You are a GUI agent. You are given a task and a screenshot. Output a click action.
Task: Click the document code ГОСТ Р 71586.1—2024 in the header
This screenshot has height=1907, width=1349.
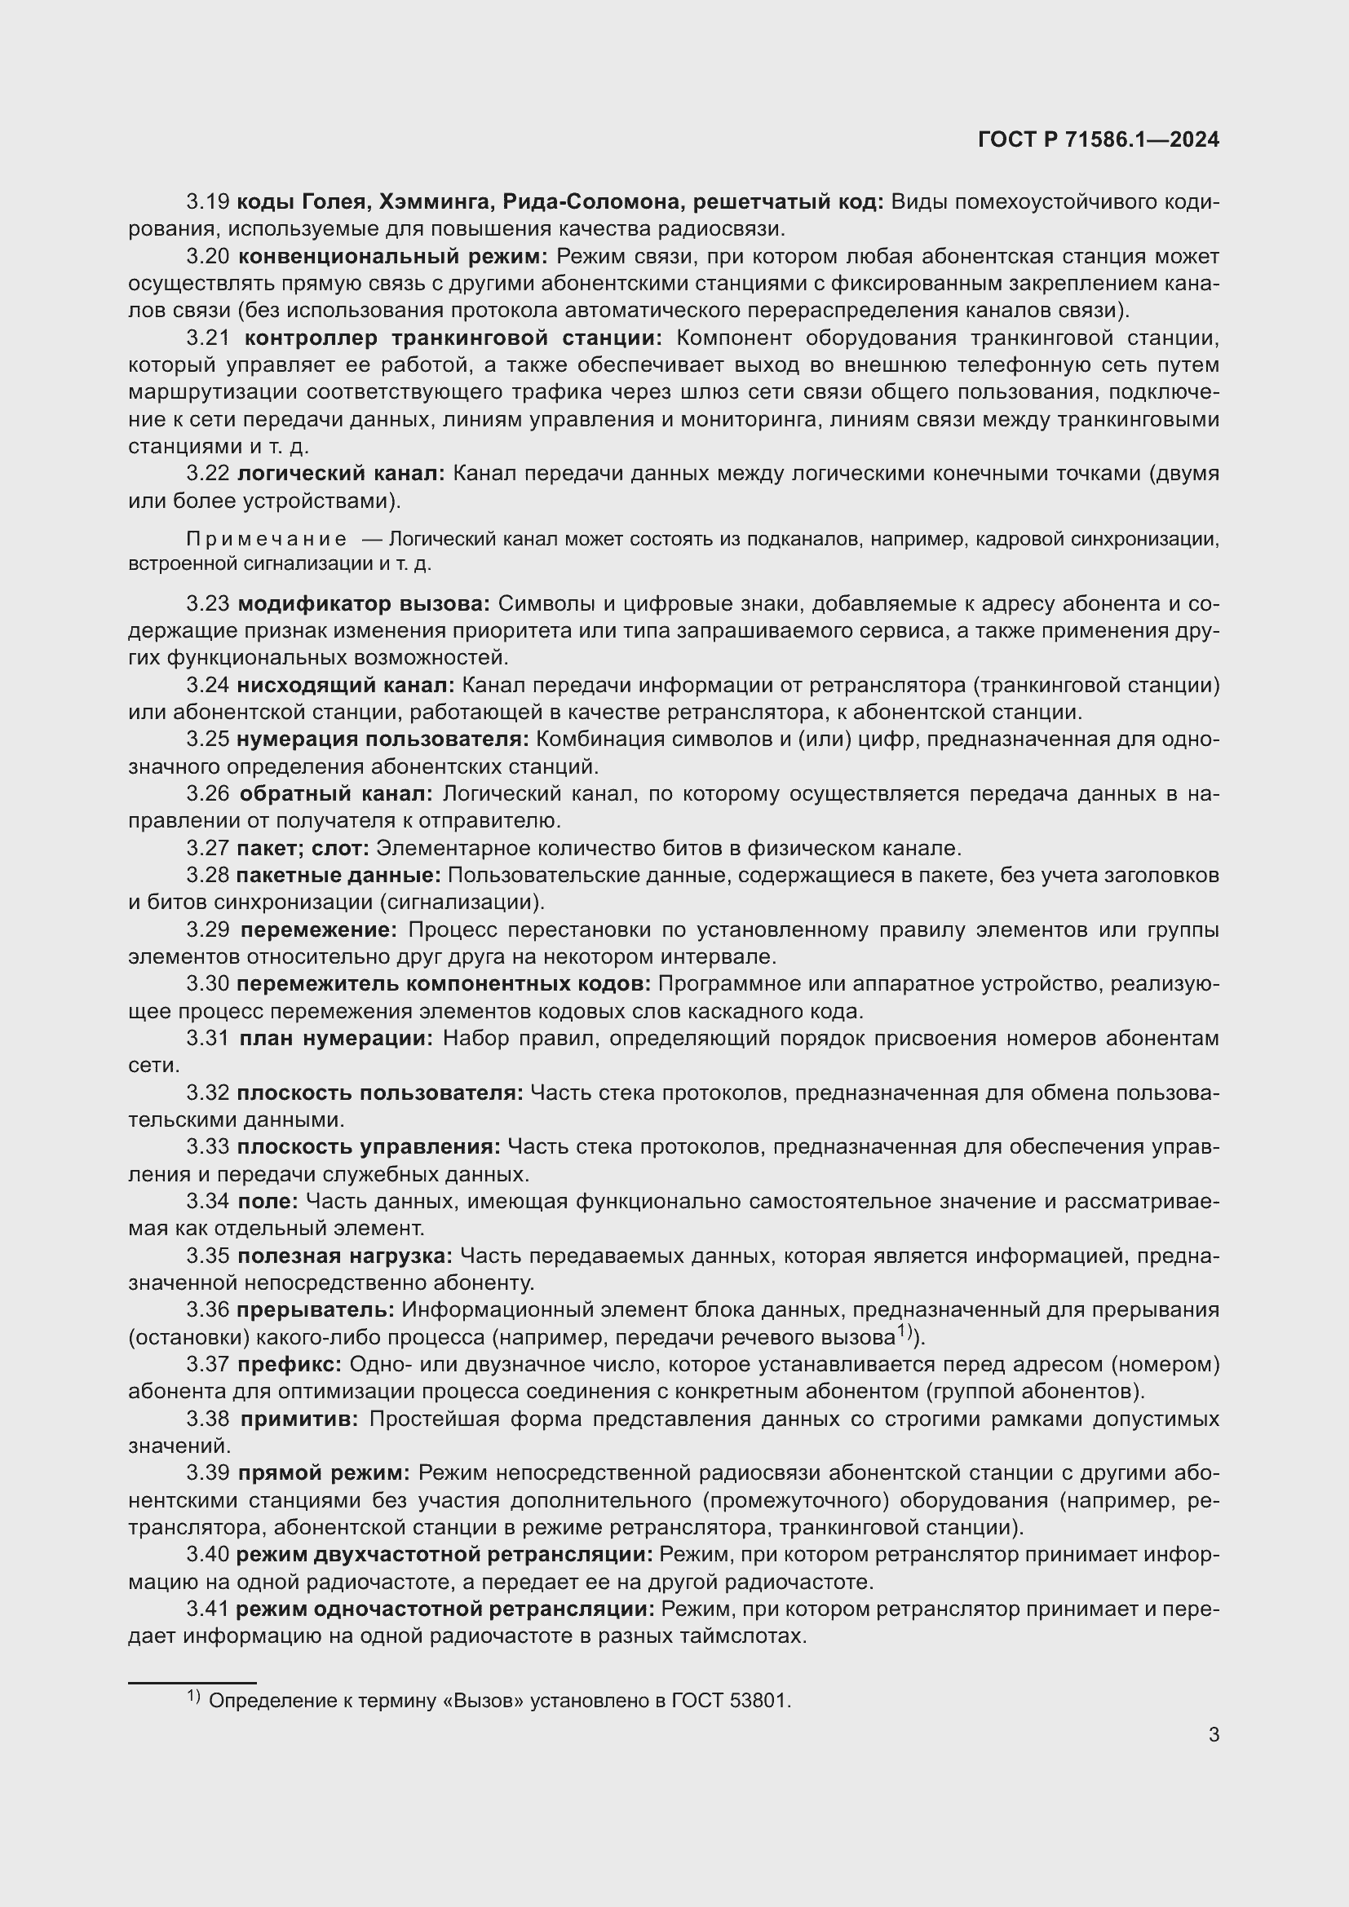click(1098, 139)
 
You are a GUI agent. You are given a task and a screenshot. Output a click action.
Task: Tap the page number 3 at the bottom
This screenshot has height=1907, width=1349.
click(1214, 1734)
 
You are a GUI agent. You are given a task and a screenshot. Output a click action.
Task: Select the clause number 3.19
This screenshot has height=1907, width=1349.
click(208, 202)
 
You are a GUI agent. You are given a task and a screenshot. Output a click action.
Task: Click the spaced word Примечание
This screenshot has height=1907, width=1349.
click(267, 540)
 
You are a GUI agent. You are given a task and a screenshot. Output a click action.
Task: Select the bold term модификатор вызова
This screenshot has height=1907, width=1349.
click(363, 603)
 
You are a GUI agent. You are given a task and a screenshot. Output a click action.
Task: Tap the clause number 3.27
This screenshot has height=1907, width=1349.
click(208, 848)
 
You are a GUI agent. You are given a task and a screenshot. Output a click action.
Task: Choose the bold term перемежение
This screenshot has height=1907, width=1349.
click(316, 929)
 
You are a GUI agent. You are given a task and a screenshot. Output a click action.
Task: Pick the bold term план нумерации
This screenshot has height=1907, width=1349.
click(335, 1038)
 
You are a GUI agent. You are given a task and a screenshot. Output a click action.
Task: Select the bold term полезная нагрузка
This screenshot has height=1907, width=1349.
click(345, 1256)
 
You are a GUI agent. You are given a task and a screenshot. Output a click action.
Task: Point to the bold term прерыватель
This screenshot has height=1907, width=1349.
click(315, 1310)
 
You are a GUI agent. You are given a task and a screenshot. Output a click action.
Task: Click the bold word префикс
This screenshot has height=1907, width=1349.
click(289, 1365)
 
